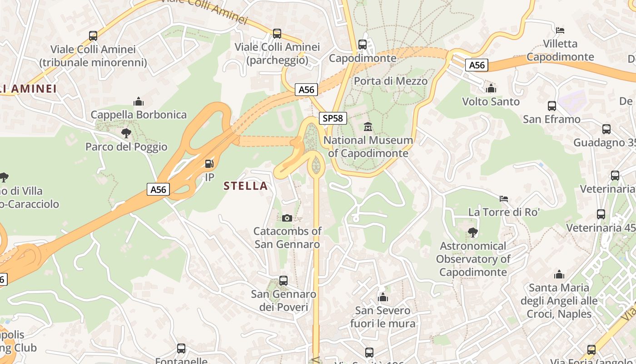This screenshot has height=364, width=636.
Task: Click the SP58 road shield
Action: click(333, 118)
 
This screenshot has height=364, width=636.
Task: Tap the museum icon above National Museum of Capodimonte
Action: click(368, 126)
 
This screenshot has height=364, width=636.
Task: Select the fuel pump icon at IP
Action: click(209, 164)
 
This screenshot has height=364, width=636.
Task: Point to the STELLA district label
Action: click(245, 186)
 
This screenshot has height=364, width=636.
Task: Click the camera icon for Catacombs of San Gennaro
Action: click(287, 218)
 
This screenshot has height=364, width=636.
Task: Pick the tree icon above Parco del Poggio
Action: click(126, 133)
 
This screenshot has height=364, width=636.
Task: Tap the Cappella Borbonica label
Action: click(139, 115)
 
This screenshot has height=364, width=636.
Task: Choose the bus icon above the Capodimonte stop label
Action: click(362, 45)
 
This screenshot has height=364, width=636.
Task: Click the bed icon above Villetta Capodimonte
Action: click(560, 30)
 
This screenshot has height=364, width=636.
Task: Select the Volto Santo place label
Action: click(491, 101)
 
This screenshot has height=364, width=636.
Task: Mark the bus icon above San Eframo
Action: click(552, 106)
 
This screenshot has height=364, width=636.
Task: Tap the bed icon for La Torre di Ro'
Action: click(503, 199)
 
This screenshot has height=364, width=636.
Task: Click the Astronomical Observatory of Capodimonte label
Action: click(473, 259)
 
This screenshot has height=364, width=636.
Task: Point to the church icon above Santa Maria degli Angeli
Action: click(559, 274)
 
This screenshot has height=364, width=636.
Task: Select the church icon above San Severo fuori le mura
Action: click(383, 297)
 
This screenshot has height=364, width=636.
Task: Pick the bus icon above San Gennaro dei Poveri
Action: click(283, 281)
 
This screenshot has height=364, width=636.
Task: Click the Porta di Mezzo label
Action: click(391, 81)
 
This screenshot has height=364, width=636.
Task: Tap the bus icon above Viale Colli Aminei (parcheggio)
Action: click(277, 34)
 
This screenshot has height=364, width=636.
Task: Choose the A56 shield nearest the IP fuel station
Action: click(158, 189)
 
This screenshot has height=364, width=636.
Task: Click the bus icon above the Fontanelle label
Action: click(181, 349)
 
